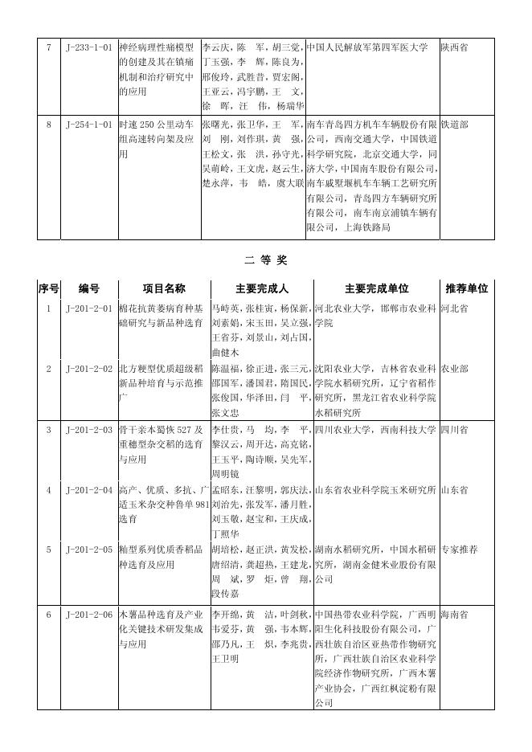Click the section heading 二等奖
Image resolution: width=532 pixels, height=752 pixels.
tap(265, 260)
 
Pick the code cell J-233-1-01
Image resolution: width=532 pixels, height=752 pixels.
tap(88, 47)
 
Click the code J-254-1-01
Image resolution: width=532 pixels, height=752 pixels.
tap(88, 125)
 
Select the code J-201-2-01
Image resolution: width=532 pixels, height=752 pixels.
tap(88, 308)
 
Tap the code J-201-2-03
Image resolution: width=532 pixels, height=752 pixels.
tap(88, 430)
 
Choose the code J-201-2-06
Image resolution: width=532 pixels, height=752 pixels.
tap(88, 615)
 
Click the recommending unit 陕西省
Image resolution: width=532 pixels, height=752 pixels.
tap(454, 47)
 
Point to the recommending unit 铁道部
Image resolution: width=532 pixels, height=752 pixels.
tap(454, 125)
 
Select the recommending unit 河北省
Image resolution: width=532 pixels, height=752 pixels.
tap(454, 308)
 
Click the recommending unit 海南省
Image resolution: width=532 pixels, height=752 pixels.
tap(454, 615)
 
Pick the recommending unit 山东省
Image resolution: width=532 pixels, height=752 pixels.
tap(454, 489)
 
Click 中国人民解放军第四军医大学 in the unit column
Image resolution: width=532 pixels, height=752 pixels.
tap(367, 47)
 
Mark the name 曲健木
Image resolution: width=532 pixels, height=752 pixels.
tap(225, 352)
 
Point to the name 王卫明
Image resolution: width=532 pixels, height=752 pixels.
tap(225, 659)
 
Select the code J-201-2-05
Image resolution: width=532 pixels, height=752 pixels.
tap(88, 550)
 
